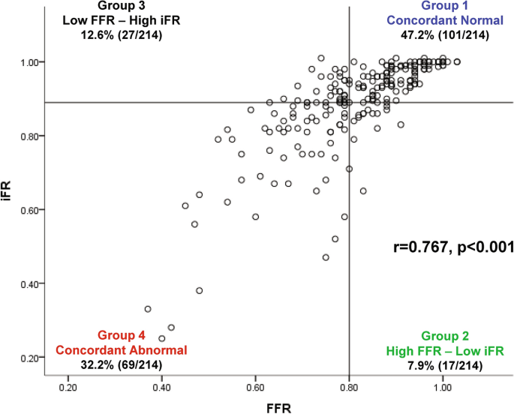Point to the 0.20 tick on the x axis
click(68, 388)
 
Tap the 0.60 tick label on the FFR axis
click(255, 388)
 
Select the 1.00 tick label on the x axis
click(442, 388)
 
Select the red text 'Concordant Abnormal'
click(121, 349)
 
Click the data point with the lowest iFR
click(162, 338)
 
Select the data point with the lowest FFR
click(148, 309)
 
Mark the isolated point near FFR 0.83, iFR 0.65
click(363, 190)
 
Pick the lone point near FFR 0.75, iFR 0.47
click(326, 257)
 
